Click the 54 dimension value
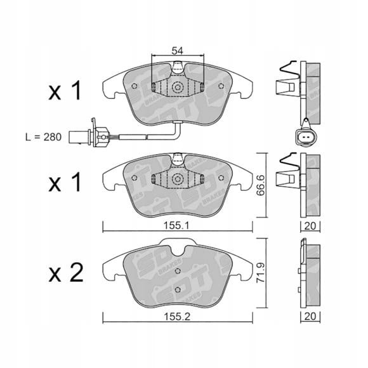pyautogui.click(x=177, y=51)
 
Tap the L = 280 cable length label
pyautogui.click(x=43, y=137)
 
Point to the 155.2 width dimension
pyautogui.click(x=177, y=317)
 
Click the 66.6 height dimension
pyautogui.click(x=260, y=185)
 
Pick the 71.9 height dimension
pyautogui.click(x=260, y=272)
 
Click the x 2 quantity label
pyautogui.click(x=66, y=272)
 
